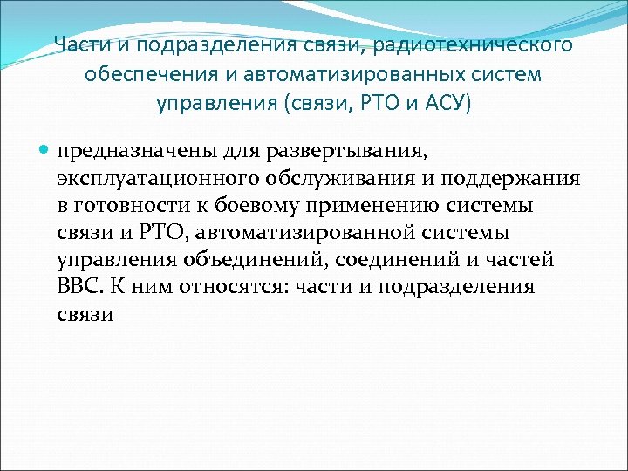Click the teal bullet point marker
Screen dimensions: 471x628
click(x=44, y=150)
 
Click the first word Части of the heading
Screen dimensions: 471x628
click(x=77, y=44)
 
